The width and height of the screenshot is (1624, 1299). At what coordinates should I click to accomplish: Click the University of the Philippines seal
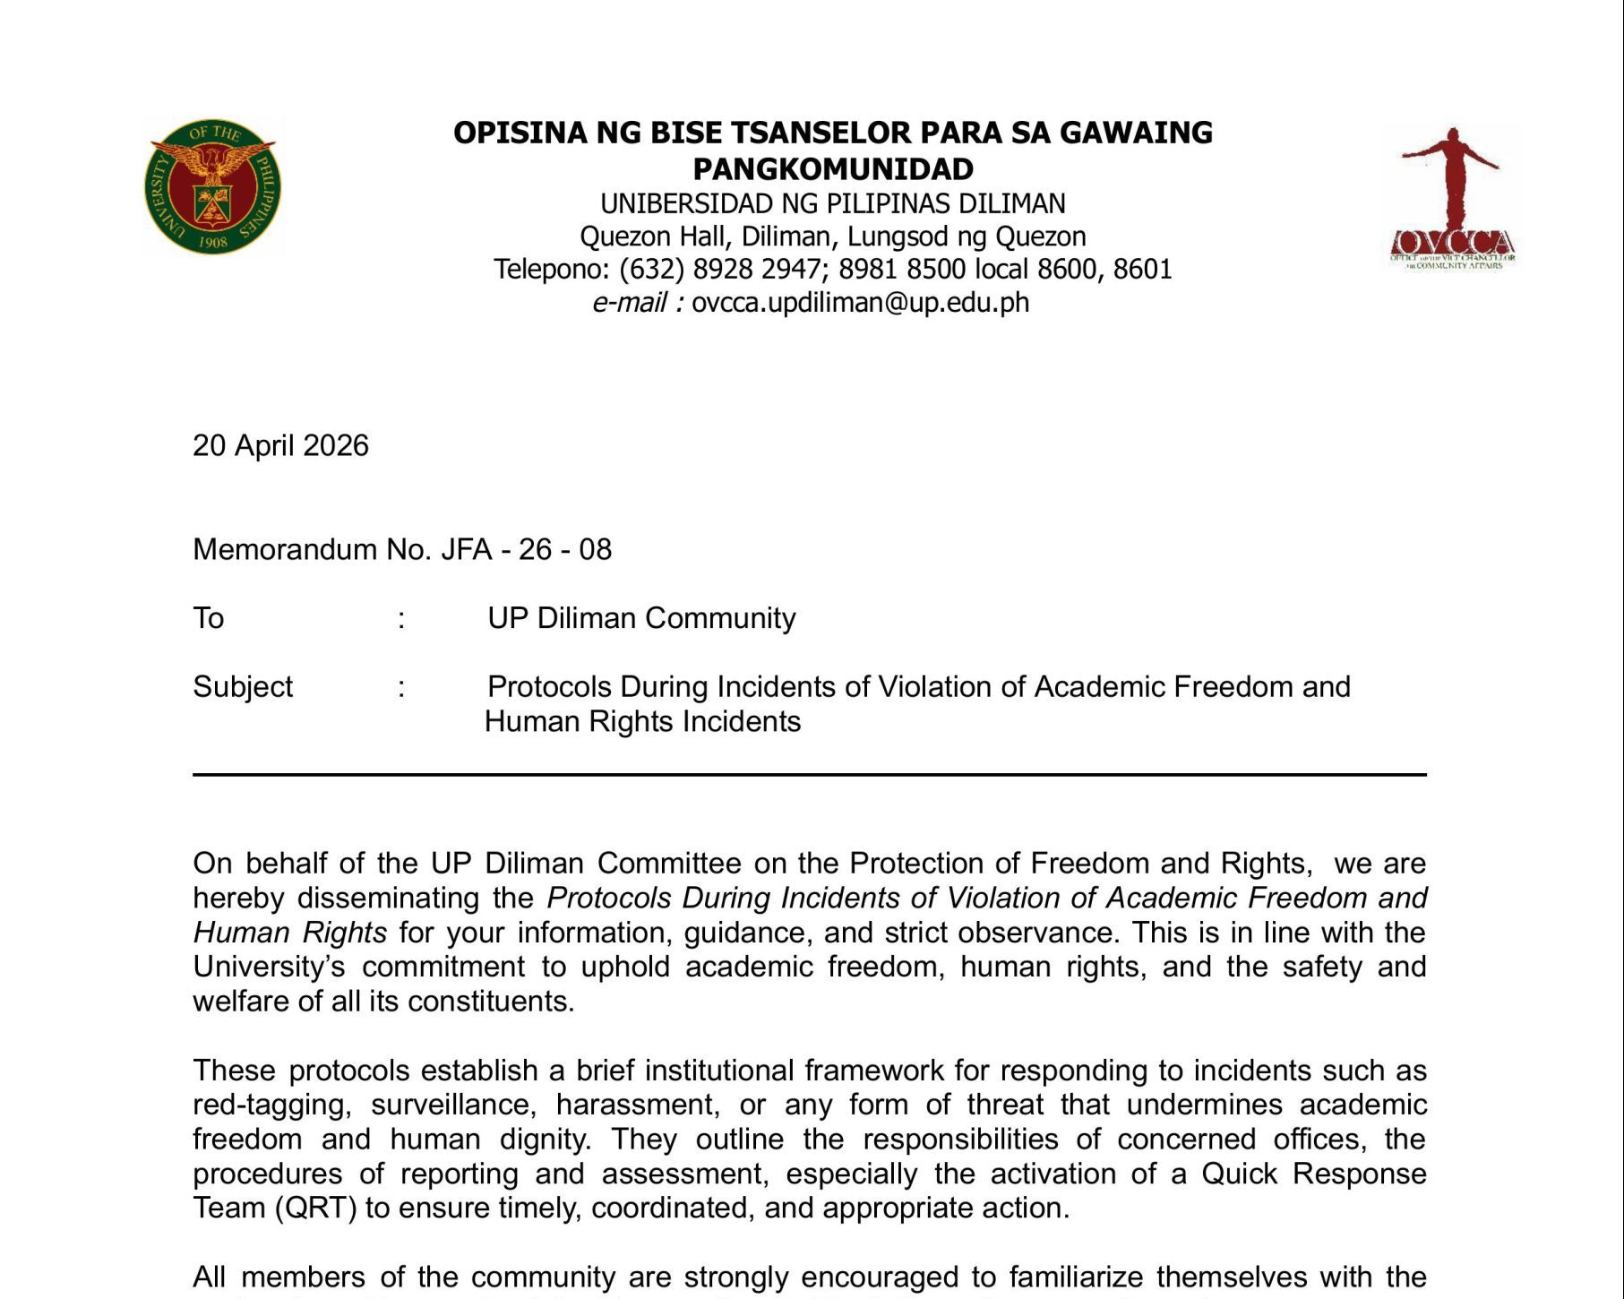[212, 187]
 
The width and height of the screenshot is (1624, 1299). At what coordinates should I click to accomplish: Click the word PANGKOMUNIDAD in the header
[832, 169]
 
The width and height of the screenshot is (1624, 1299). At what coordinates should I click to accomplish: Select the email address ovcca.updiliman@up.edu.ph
[860, 303]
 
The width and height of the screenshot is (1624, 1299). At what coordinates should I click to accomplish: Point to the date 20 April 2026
[280, 446]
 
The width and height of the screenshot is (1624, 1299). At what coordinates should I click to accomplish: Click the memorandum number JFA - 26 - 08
[526, 549]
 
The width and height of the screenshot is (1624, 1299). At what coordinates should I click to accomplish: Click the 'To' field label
[209, 618]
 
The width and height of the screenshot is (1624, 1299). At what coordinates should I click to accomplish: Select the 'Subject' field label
[243, 687]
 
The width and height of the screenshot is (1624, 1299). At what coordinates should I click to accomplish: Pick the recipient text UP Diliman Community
[641, 618]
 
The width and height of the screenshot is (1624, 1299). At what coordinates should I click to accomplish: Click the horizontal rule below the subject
[809, 775]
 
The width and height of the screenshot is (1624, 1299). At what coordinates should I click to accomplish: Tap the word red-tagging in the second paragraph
[270, 1105]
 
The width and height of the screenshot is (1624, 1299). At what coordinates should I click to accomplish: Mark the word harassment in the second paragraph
[637, 1105]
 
